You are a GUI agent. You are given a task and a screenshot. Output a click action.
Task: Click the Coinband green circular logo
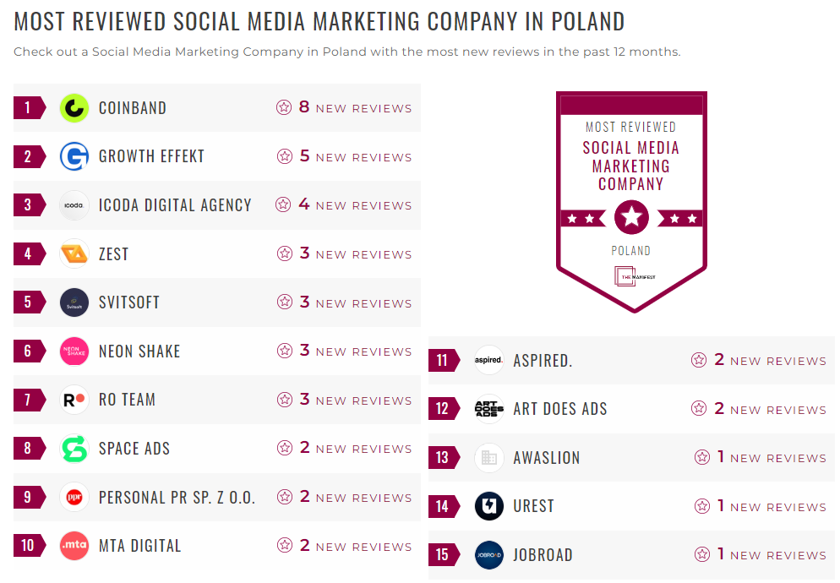click(x=74, y=108)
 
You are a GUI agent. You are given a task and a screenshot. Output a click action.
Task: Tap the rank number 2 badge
click(x=28, y=156)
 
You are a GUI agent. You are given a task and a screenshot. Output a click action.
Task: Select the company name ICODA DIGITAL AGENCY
click(x=175, y=205)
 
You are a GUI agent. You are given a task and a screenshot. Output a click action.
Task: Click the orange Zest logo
click(x=74, y=253)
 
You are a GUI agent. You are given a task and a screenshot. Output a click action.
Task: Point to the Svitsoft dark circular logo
click(x=74, y=302)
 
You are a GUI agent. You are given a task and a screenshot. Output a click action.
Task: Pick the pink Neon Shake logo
click(x=74, y=351)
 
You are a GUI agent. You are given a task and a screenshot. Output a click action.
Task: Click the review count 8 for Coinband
click(x=304, y=107)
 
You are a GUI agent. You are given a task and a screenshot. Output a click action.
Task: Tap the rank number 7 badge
click(x=28, y=400)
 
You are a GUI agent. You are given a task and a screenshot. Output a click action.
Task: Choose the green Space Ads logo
click(x=74, y=449)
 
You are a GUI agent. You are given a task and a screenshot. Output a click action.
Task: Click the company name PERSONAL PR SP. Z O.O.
click(x=177, y=498)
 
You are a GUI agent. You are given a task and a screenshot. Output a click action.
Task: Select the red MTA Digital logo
click(x=74, y=546)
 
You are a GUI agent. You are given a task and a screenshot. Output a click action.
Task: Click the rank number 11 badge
click(x=442, y=361)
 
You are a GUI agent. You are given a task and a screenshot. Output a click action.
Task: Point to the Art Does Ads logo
click(x=489, y=409)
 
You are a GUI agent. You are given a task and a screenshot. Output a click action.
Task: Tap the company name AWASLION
click(x=547, y=458)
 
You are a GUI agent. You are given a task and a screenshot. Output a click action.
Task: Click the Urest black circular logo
click(x=489, y=506)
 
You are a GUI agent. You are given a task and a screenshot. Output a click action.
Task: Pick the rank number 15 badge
click(x=442, y=555)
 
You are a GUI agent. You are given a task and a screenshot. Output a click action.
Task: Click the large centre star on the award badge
click(x=631, y=218)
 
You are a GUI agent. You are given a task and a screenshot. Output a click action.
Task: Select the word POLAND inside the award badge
click(x=631, y=251)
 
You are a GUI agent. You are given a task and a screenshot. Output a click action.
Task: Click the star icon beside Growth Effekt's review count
click(x=285, y=156)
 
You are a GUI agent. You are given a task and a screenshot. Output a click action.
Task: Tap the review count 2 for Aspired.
click(x=719, y=360)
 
